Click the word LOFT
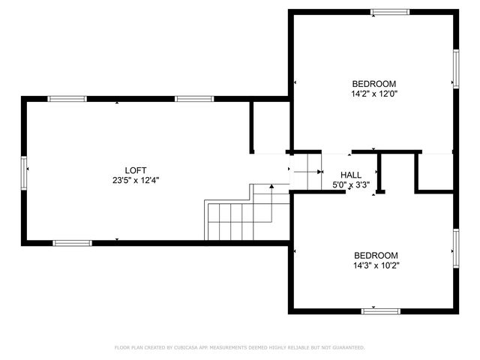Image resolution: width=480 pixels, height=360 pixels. point(136,170)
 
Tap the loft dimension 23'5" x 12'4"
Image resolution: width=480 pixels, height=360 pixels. point(136,180)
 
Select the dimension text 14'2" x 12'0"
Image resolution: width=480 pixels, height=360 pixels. point(374,94)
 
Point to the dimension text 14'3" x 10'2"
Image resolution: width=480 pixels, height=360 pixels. point(376,265)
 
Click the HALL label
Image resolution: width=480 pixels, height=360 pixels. point(351,174)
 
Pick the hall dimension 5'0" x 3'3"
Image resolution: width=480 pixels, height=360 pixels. point(351,184)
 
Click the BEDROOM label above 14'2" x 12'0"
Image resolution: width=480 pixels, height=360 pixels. point(374,84)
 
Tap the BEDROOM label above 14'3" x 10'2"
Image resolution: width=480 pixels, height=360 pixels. point(376,255)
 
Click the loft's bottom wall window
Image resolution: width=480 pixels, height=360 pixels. point(72,243)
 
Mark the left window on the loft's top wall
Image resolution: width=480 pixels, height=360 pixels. point(67,98)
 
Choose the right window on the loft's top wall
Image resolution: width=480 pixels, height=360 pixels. point(194,98)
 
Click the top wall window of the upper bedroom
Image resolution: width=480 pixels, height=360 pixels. point(391,12)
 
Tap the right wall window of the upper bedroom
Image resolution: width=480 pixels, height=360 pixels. point(455,69)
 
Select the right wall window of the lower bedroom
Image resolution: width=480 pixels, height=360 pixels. point(455,250)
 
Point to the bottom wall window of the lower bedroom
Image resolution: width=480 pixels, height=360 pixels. point(382,310)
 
